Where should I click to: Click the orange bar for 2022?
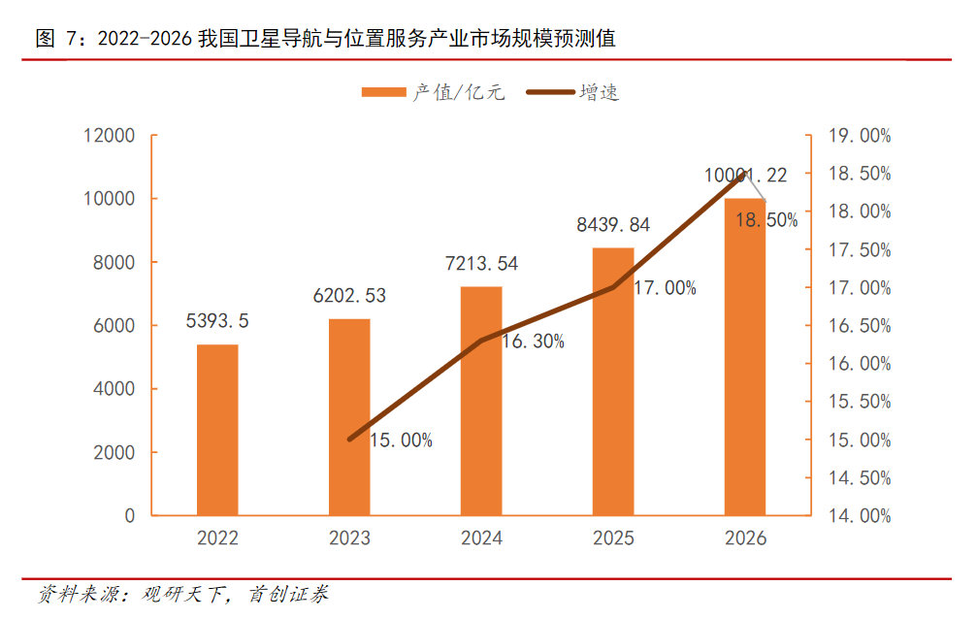coord(217,429)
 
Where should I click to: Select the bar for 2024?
coord(481,400)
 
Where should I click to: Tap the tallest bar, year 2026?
coord(745,356)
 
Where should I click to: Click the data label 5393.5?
coord(217,321)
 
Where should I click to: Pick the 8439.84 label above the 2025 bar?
coord(613,225)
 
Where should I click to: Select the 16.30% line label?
coord(533,342)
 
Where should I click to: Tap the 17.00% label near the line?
coord(665,287)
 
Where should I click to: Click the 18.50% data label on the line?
coord(766,220)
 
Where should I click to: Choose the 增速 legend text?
coord(600,93)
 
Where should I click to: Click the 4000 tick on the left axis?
coord(114,389)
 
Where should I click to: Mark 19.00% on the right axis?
coord(860,136)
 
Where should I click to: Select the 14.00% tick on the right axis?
coord(860,516)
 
